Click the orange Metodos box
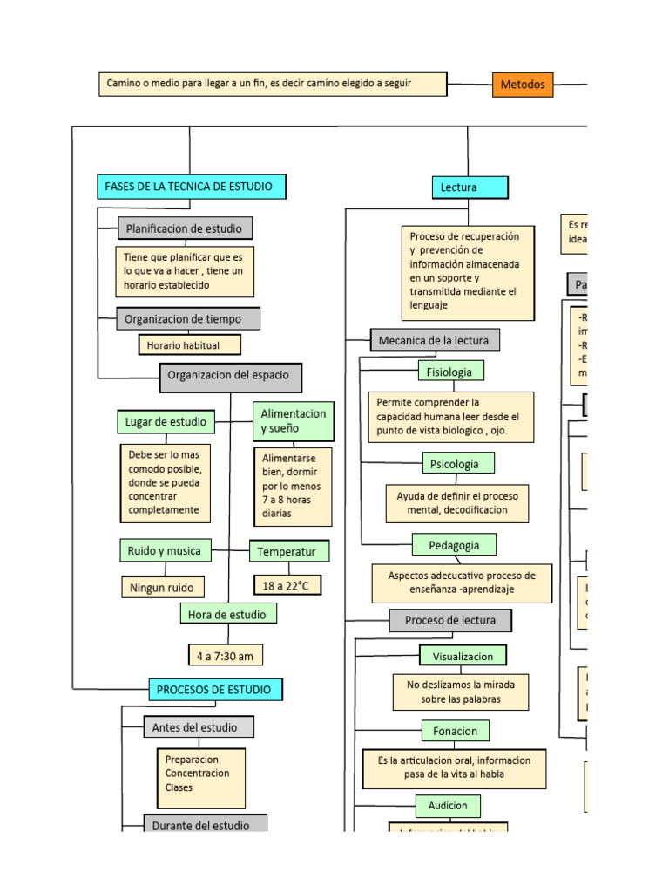(523, 85)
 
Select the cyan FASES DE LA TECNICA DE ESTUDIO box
(191, 187)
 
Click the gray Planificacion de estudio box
(186, 228)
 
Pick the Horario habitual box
(183, 345)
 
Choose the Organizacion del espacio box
(231, 378)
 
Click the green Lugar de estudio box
(166, 422)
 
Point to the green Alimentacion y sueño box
(294, 421)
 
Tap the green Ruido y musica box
(165, 551)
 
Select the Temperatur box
(289, 552)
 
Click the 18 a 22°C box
(287, 585)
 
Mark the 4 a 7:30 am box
(226, 655)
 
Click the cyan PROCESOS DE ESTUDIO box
(215, 690)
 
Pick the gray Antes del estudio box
(199, 727)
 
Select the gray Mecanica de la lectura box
(435, 340)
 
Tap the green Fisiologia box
(450, 372)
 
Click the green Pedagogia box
(454, 545)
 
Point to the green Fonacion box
(455, 731)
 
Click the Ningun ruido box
(163, 588)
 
